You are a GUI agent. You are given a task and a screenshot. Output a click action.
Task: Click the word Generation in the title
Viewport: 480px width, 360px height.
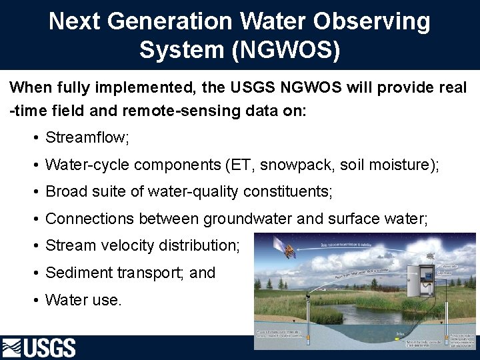169,22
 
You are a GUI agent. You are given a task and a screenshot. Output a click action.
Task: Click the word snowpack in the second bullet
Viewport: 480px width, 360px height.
302,165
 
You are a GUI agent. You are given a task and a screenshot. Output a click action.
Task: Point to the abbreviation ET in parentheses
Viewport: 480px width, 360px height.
245,165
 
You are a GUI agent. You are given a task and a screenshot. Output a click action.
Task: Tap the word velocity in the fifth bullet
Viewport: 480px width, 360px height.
129,245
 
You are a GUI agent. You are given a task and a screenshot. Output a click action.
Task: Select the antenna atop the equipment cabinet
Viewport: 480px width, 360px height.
431,255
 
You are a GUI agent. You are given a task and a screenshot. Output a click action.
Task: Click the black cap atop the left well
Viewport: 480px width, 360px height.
307,296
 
